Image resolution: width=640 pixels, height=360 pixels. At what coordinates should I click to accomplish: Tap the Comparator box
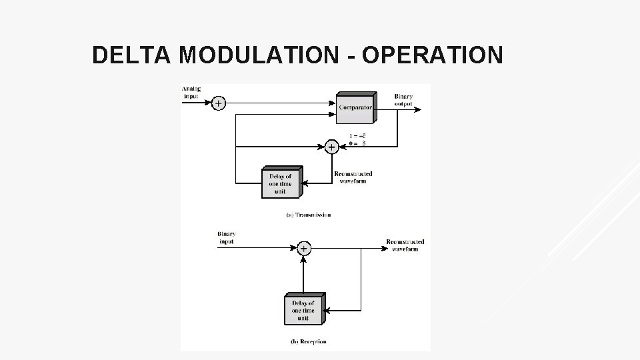[355, 107]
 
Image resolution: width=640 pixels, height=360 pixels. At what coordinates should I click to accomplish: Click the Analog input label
[191, 92]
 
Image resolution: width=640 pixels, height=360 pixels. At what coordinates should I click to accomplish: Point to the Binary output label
[403, 99]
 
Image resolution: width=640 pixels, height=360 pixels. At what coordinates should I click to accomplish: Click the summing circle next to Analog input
[219, 103]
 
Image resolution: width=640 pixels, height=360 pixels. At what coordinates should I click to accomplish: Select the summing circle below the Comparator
[331, 147]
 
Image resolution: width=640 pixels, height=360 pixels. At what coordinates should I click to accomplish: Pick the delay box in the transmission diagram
[280, 183]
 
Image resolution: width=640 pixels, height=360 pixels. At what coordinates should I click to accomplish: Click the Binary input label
[227, 237]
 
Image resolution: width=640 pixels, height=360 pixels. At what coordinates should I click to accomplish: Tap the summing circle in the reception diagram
[303, 249]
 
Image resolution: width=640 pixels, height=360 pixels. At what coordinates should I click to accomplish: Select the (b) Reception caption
[308, 342]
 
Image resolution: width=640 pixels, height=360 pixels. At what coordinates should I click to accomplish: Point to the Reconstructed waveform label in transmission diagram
[353, 177]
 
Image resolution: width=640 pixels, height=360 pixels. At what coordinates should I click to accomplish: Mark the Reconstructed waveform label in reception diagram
[405, 245]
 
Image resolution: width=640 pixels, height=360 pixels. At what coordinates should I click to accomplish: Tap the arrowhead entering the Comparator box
[333, 103]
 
